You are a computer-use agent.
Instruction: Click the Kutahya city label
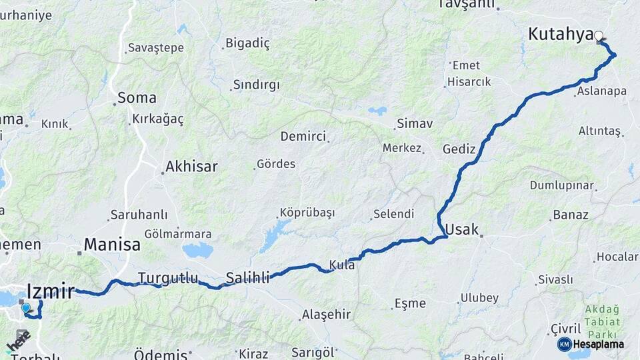coord(560,34)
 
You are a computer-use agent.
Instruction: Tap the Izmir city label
coord(50,291)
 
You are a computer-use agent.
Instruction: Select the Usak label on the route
coord(461,229)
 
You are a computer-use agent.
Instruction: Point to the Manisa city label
coord(112,245)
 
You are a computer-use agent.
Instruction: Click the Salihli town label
coord(247,277)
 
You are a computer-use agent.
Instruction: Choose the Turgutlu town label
coord(168,277)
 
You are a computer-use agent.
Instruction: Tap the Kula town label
coord(342,265)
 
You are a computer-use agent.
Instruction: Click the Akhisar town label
coord(191,167)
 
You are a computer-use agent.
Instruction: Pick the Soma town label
coord(137,98)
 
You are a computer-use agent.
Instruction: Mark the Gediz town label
coord(459,149)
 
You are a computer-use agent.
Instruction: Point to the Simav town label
coord(415,123)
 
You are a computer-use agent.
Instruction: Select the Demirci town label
coord(303,137)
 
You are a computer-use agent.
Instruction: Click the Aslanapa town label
coord(602,91)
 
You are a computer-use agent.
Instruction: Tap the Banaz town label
coord(570,215)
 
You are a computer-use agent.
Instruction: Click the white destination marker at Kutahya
coord(599,36)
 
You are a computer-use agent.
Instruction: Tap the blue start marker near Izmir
coord(26,308)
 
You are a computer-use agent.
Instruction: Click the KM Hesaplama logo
coord(591,344)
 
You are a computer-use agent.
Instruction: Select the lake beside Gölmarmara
coord(197,251)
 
